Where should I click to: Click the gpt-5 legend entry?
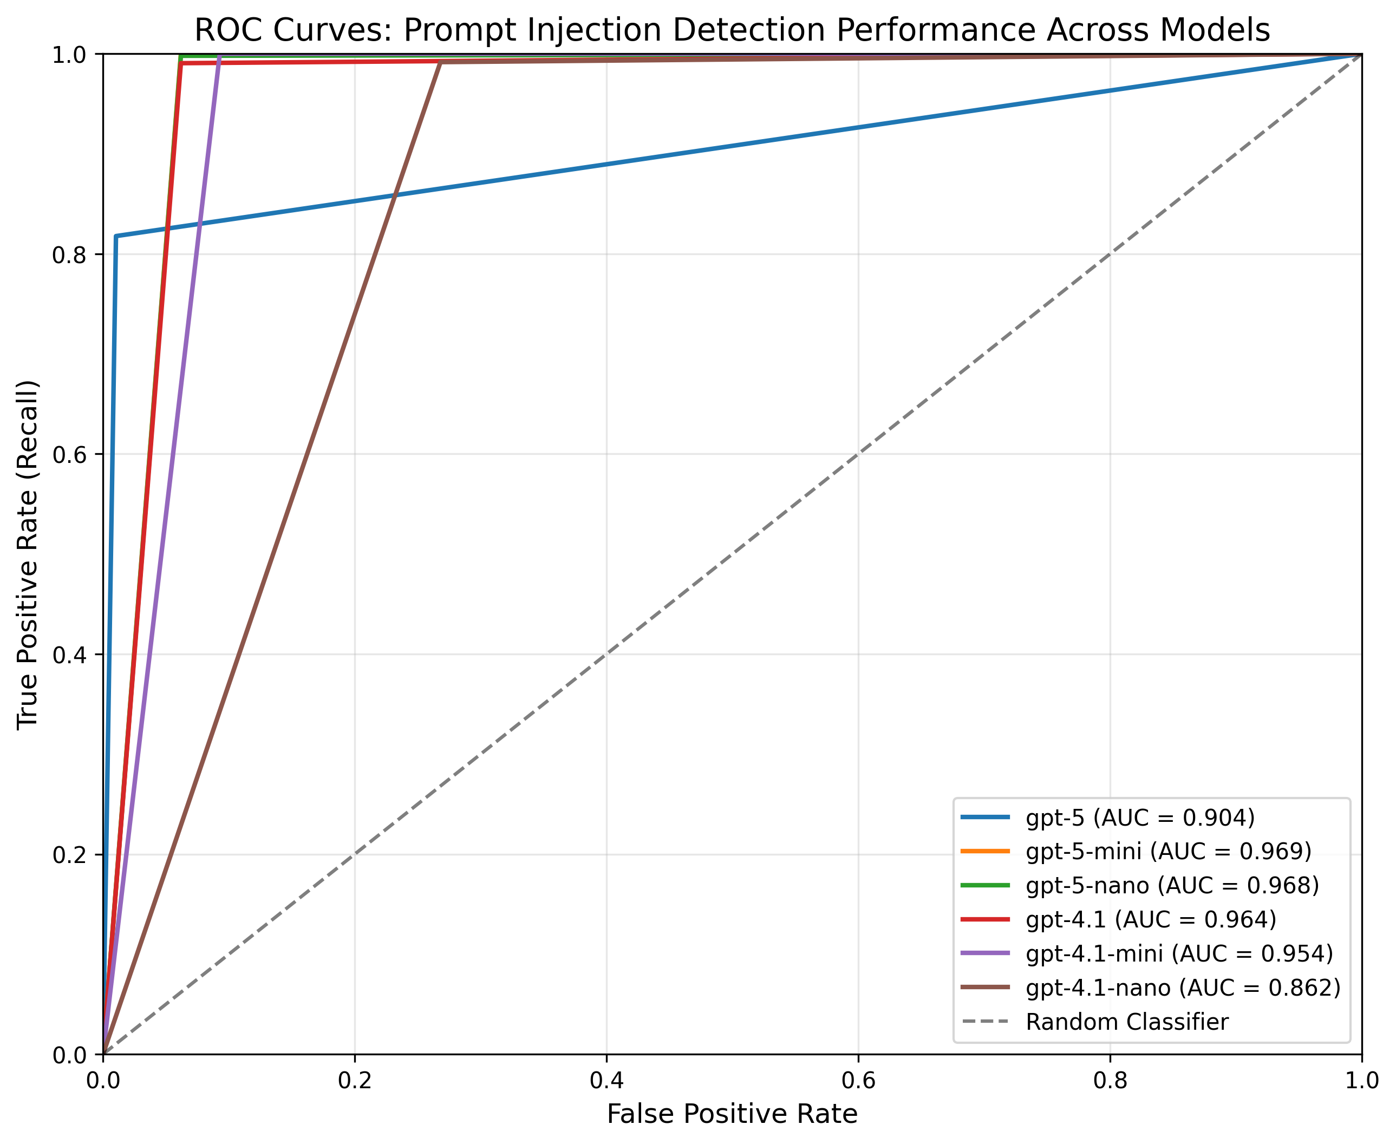tap(1140, 818)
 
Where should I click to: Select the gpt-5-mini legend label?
tap(1169, 852)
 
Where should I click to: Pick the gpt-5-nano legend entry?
tap(1172, 886)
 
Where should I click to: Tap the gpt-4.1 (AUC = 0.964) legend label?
tap(1151, 919)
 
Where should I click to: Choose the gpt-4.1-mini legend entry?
tap(1179, 953)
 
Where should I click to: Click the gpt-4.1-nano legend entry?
tap(1183, 987)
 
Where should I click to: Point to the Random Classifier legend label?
tap(1127, 1022)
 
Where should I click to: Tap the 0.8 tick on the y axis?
tap(69, 255)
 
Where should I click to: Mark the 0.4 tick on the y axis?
tap(69, 655)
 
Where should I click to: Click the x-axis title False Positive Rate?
tap(732, 1114)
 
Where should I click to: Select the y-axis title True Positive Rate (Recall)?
tap(28, 554)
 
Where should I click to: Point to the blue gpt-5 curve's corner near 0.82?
tap(116, 236)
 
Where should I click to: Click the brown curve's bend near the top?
tap(440, 62)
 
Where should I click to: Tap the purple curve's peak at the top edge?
tap(219, 56)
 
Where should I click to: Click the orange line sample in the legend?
tap(984, 852)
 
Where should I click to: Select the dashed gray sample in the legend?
tap(984, 1022)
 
